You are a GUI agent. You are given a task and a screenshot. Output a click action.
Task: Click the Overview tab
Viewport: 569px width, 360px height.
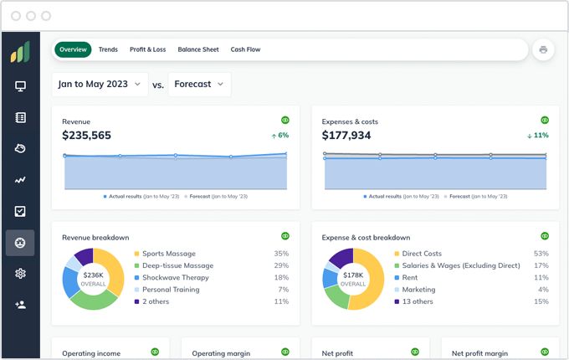click(x=73, y=49)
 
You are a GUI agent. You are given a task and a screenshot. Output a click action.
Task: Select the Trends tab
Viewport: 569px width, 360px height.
click(x=108, y=49)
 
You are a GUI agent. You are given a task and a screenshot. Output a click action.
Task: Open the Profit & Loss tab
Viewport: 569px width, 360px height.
click(x=147, y=49)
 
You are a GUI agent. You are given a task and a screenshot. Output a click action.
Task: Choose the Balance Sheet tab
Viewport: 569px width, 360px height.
click(x=198, y=49)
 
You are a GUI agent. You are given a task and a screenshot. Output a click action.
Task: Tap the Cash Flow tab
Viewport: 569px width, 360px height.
click(x=245, y=49)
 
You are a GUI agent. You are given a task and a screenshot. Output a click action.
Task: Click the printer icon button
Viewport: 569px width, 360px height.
click(x=543, y=49)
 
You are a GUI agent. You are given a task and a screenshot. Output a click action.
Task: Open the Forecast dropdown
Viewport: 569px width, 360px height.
click(x=199, y=85)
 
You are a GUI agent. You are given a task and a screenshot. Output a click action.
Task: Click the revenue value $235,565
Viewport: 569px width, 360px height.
click(x=86, y=136)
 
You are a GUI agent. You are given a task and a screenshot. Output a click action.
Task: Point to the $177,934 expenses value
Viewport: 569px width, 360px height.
click(x=346, y=136)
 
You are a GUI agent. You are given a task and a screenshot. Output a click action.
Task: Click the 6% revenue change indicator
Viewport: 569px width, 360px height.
click(x=279, y=136)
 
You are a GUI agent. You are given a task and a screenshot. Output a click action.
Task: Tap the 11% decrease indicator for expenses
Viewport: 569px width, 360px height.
click(x=538, y=136)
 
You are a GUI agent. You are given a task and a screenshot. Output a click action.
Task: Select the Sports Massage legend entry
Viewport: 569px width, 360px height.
click(x=168, y=254)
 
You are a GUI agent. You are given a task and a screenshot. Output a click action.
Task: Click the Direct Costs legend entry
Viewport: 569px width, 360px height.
click(x=422, y=254)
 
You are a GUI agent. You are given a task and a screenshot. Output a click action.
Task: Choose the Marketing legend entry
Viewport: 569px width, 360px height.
click(x=419, y=290)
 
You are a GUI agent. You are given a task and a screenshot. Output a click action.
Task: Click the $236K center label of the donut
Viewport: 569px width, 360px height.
click(x=93, y=275)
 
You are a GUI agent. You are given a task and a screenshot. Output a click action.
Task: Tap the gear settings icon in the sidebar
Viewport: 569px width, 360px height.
click(x=20, y=274)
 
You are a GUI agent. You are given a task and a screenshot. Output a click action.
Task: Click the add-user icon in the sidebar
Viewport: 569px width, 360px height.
click(x=20, y=305)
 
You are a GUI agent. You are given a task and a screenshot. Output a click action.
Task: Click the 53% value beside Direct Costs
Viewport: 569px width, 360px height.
click(x=541, y=254)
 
